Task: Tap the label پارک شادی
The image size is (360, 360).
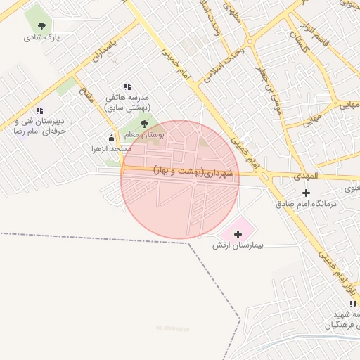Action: (x=42, y=37)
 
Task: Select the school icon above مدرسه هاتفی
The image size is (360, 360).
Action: (x=127, y=86)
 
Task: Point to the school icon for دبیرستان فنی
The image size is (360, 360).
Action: (x=39, y=110)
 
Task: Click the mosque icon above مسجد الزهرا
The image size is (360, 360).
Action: (x=111, y=138)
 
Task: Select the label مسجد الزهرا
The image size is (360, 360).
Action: (x=106, y=149)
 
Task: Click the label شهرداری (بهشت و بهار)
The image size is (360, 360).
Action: (x=196, y=172)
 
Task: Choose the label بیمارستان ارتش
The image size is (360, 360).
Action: (x=238, y=247)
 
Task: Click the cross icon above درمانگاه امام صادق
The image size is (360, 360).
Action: (x=306, y=192)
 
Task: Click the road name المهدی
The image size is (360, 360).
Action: (x=307, y=176)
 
